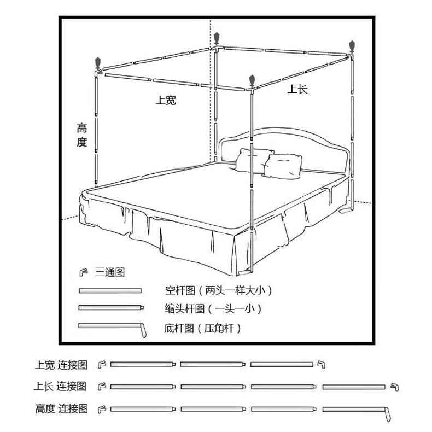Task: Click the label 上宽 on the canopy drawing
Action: (166, 100)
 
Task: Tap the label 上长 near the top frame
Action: (298, 89)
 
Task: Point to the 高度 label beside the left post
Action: (82, 135)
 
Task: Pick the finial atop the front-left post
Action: (98, 62)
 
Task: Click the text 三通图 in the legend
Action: (110, 272)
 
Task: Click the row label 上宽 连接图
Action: (61, 364)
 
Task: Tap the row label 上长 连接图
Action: (60, 387)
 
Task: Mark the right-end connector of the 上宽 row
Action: (320, 364)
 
